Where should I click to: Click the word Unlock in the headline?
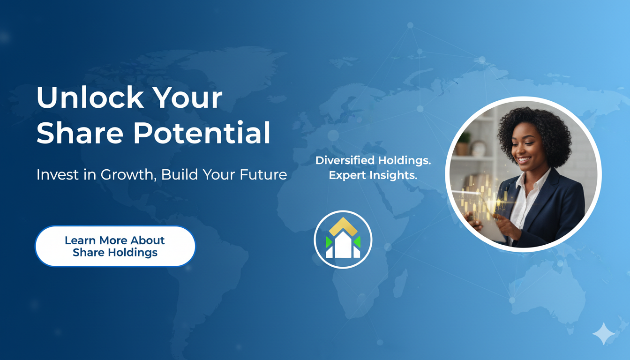tap(90, 97)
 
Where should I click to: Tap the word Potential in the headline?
tap(202, 133)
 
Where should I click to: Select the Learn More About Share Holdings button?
tap(115, 246)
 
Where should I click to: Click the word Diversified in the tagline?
tap(345, 161)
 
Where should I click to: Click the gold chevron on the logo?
tap(343, 226)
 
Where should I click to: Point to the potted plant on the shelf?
tap(463, 143)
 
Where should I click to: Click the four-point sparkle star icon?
tap(604, 334)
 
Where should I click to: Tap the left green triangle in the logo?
tap(329, 242)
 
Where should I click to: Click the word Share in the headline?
tap(80, 133)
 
